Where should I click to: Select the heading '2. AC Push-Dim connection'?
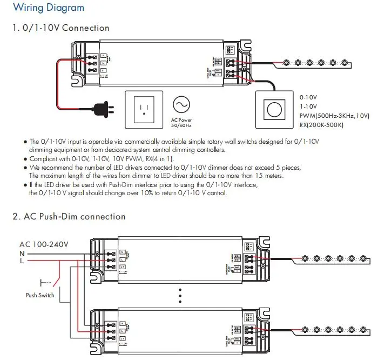(x=69, y=217)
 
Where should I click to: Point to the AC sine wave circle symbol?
(x=181, y=104)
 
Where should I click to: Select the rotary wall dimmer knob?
(x=273, y=109)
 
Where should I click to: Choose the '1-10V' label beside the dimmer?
(x=308, y=106)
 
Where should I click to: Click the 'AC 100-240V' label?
(x=44, y=244)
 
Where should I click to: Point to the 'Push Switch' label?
(x=40, y=295)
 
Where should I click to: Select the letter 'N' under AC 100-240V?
(x=22, y=253)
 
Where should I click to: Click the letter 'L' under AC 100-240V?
(x=22, y=261)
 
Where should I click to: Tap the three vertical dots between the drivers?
(x=180, y=295)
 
